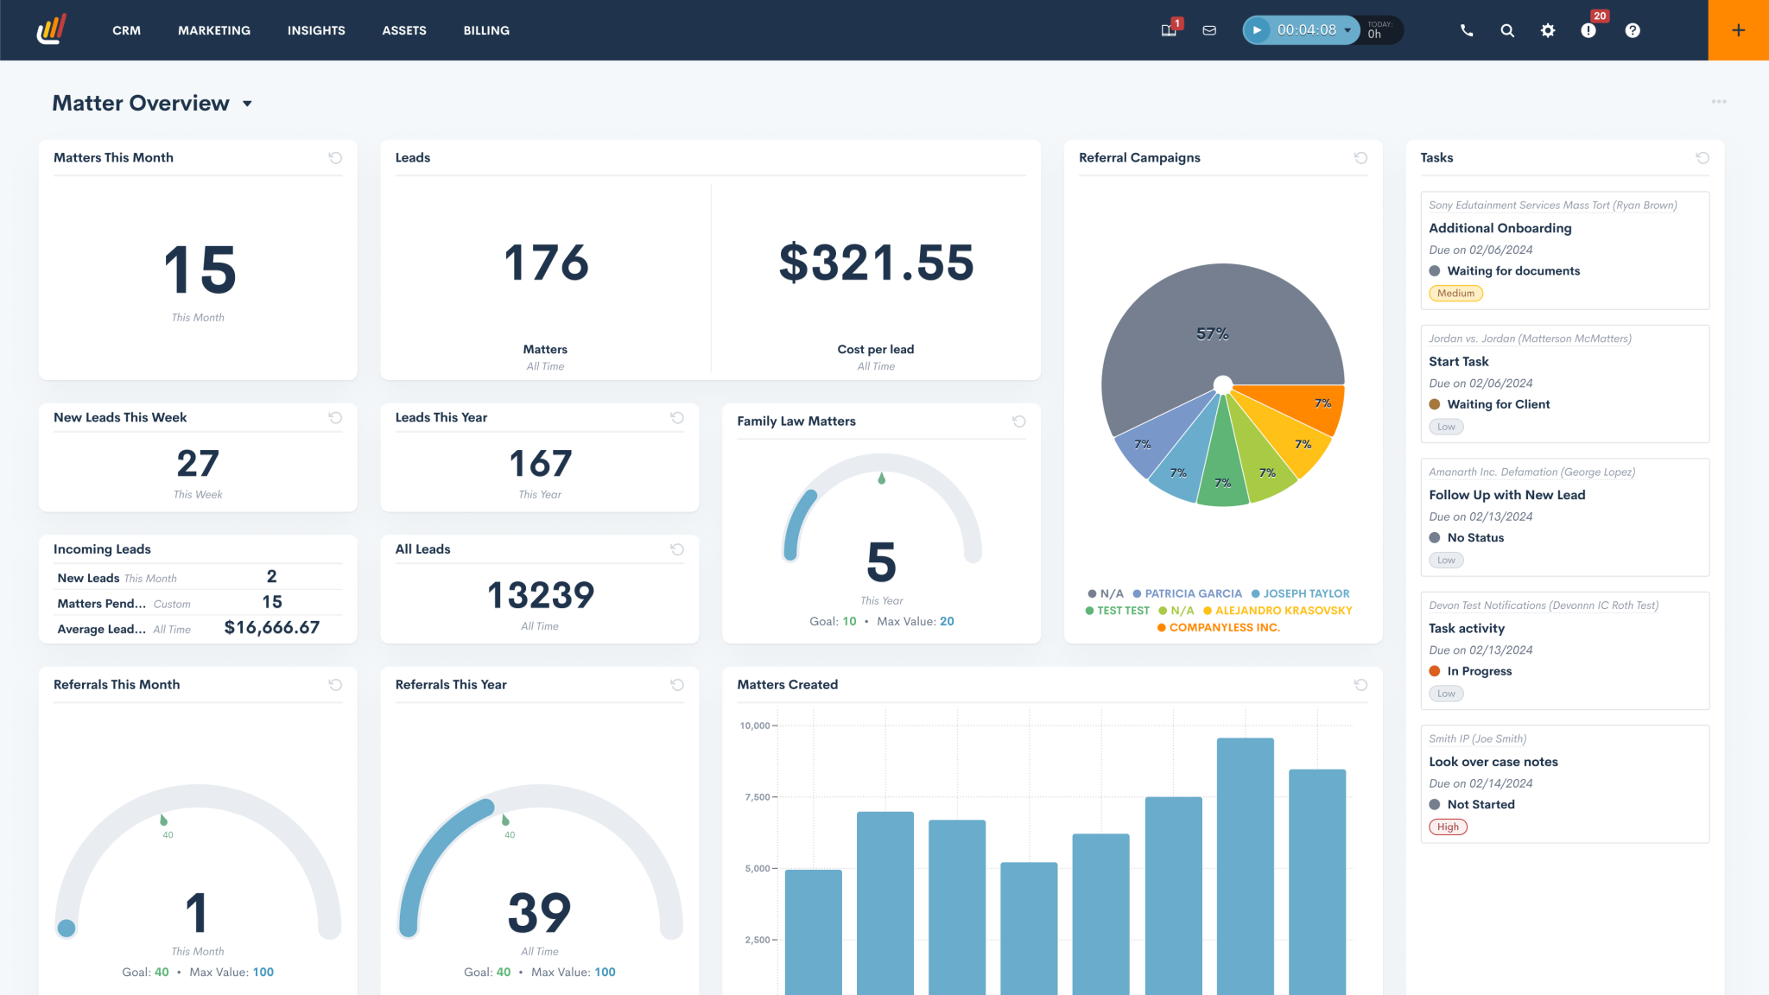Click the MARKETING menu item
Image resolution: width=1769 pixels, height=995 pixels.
214,30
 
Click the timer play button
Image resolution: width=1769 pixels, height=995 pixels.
1257,30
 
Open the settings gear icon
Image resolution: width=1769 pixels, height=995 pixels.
1547,30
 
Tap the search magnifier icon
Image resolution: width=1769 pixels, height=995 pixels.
1506,30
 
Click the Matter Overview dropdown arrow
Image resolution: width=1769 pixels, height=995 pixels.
247,104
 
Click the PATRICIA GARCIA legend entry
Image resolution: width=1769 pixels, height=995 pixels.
1192,593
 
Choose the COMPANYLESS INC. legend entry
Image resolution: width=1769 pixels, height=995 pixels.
1223,628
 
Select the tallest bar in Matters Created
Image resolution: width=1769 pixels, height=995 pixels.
1245,864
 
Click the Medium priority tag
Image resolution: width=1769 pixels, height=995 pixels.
1455,294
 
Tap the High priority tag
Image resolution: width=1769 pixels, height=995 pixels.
1448,827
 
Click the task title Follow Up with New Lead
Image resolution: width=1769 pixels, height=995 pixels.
1506,495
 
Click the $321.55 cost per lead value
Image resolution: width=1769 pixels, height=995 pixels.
876,263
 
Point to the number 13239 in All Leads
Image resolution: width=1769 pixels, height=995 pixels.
540,595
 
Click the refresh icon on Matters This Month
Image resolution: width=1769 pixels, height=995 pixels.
335,158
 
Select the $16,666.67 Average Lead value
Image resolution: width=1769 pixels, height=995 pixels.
271,628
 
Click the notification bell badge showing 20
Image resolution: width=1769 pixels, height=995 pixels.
1599,16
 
